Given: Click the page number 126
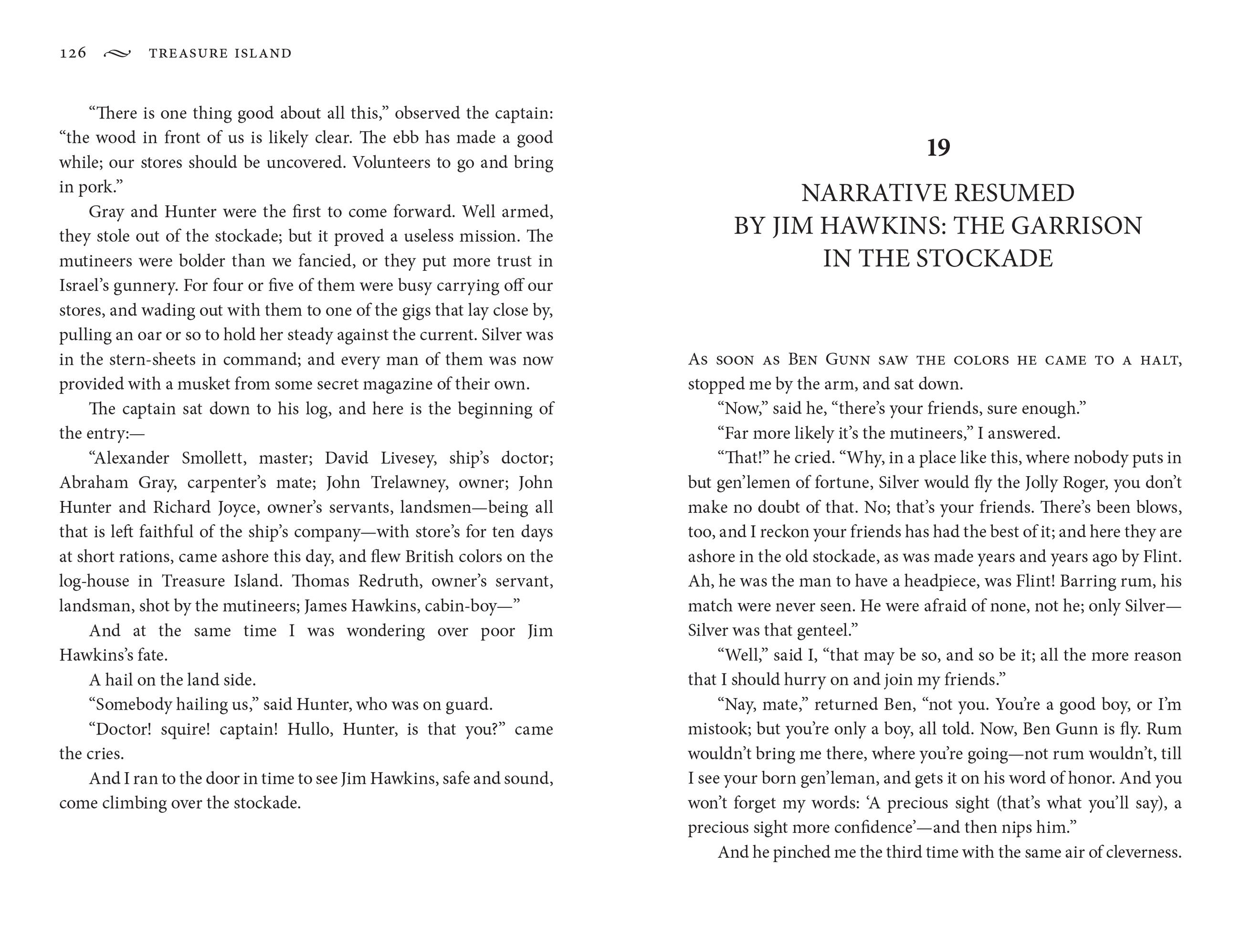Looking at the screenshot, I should click(x=73, y=53).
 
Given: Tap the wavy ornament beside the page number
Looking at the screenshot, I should click(x=117, y=53).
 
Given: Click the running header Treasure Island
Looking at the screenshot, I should click(x=220, y=53).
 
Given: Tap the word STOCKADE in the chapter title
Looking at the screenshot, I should click(x=984, y=258).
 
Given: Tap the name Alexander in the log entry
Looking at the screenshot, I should click(x=131, y=458).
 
